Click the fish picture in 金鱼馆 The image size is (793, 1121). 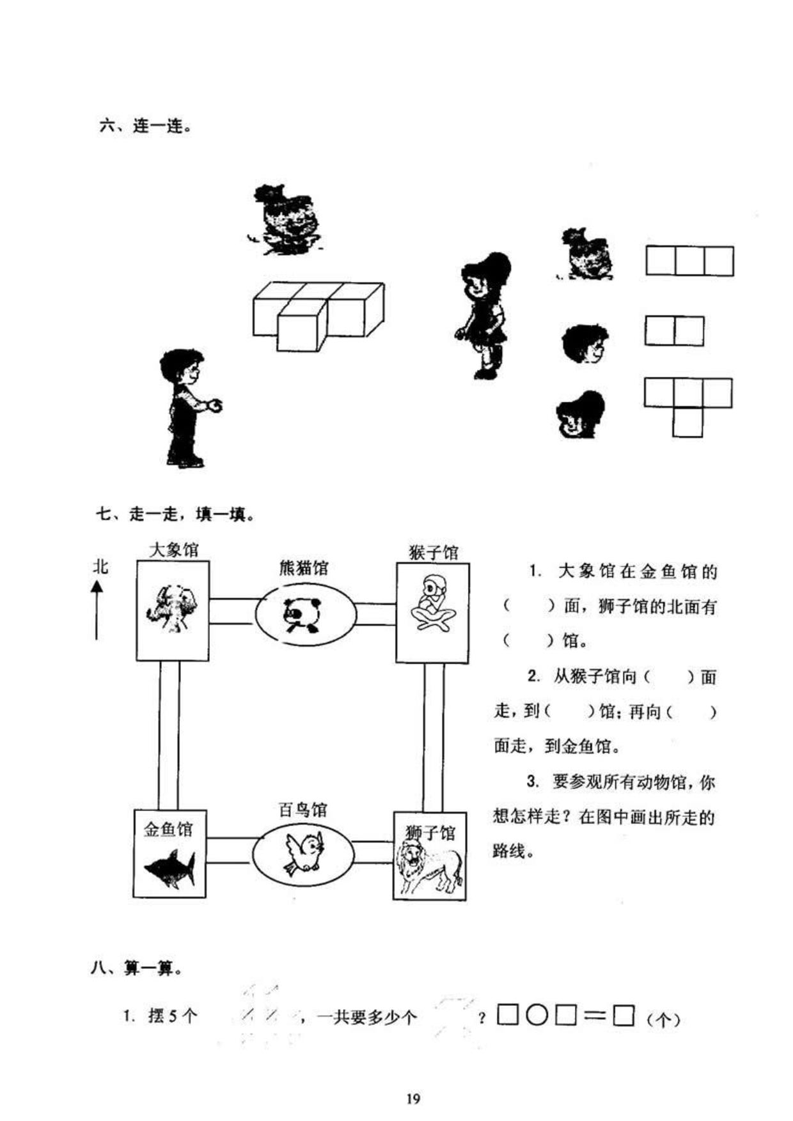(169, 868)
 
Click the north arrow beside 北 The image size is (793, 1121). (97, 610)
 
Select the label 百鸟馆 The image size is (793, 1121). (303, 810)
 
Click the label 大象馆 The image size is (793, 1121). (173, 550)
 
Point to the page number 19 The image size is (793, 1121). (413, 1099)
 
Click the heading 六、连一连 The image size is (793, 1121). (145, 126)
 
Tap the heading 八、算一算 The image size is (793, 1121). (136, 968)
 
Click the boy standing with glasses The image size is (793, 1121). (189, 408)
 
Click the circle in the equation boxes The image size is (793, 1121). (537, 1015)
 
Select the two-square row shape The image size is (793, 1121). (674, 331)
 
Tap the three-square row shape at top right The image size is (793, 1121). (689, 261)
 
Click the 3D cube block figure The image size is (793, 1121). (318, 316)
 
